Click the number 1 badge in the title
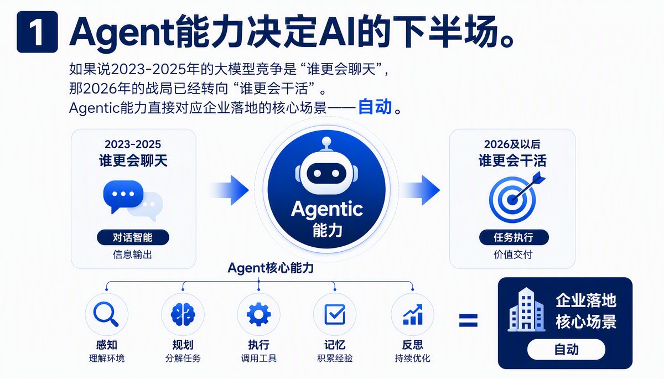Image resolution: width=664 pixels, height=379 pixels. click(x=37, y=32)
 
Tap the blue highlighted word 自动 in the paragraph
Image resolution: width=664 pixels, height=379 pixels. click(x=375, y=107)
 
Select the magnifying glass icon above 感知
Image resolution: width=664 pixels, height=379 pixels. click(x=106, y=314)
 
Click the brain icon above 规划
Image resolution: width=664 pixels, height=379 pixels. click(x=183, y=314)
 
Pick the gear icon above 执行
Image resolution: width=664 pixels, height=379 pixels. click(x=259, y=314)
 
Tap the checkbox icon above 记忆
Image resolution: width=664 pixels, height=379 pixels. click(x=335, y=314)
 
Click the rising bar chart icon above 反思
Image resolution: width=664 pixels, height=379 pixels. click(x=412, y=314)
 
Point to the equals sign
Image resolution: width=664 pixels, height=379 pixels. click(x=468, y=320)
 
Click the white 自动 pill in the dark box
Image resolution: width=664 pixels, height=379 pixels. click(x=566, y=349)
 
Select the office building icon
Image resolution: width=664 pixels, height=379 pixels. click(x=526, y=310)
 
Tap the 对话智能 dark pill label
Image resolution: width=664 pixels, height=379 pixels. click(x=133, y=237)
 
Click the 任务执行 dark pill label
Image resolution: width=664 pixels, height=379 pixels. click(x=513, y=237)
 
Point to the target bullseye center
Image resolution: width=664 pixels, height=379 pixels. click(x=512, y=200)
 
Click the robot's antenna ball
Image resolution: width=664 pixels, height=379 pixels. click(x=326, y=141)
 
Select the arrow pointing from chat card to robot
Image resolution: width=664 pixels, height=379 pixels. click(x=230, y=190)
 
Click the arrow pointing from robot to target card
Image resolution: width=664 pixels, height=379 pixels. click(x=421, y=190)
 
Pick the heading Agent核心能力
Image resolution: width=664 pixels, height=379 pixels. click(x=271, y=268)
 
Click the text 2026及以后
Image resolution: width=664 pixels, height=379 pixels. click(x=512, y=144)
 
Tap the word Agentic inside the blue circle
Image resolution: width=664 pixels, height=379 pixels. click(x=327, y=210)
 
